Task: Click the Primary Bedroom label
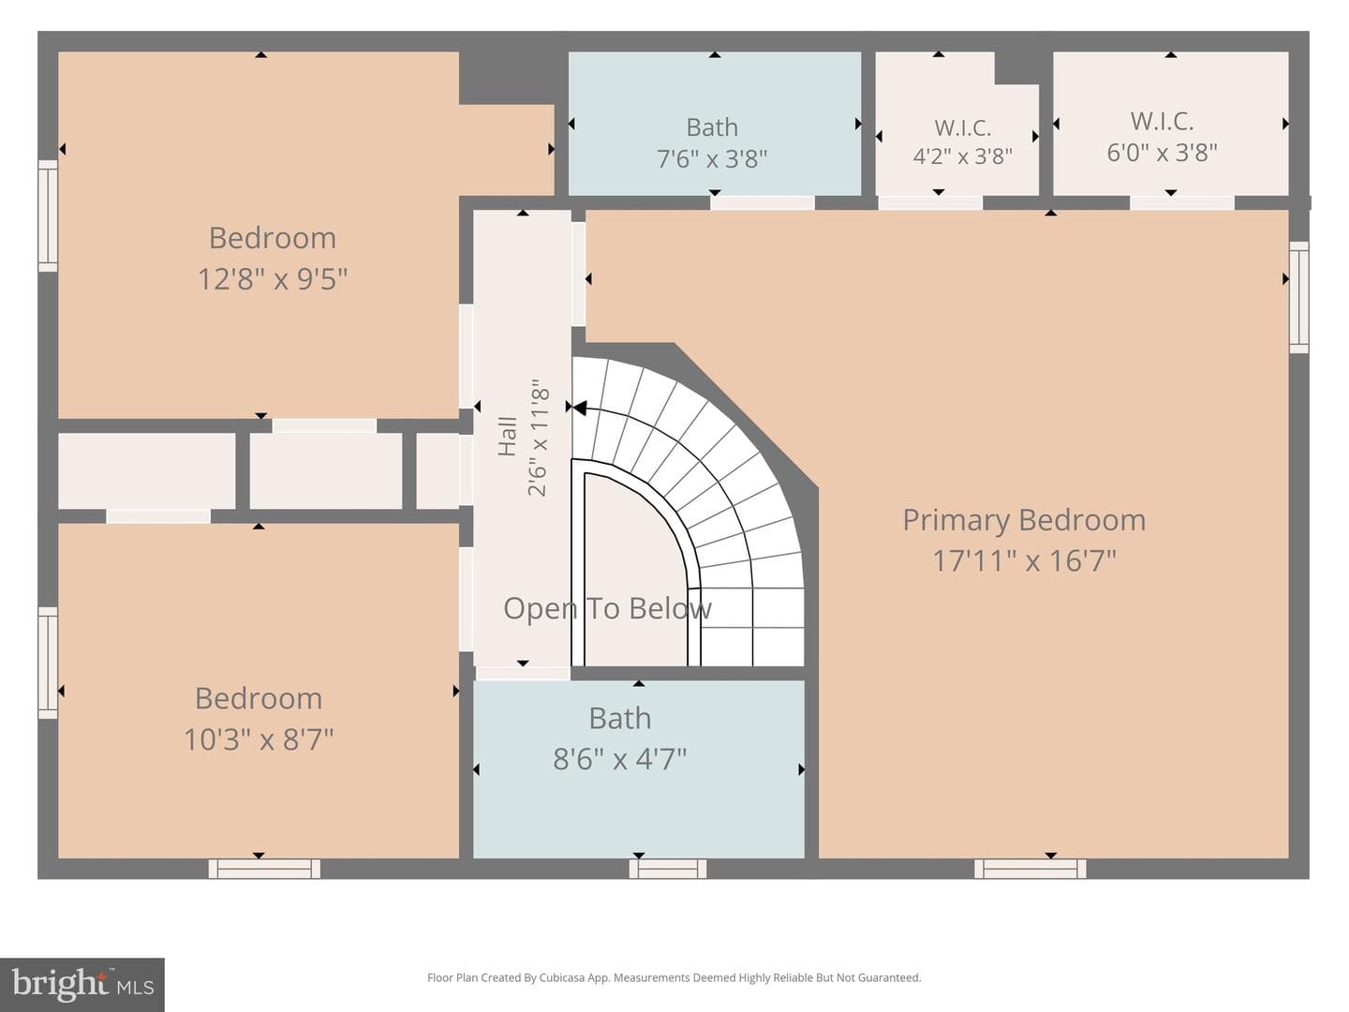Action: (1024, 520)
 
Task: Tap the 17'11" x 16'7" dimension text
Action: (1024, 561)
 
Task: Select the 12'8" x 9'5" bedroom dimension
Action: (273, 279)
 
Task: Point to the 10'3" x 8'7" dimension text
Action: (259, 739)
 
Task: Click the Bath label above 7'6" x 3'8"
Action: (712, 127)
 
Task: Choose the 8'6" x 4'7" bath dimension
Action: (619, 759)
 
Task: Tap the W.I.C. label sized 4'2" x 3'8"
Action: (962, 127)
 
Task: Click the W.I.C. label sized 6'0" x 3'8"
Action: (1162, 121)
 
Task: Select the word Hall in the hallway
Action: (508, 437)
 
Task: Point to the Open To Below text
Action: (607, 608)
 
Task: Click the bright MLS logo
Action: (82, 984)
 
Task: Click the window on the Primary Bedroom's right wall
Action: (1298, 297)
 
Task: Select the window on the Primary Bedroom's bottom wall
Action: (1030, 869)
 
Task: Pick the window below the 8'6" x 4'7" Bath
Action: (667, 869)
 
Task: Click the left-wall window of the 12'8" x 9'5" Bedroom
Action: (48, 216)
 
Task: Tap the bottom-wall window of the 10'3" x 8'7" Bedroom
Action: (264, 869)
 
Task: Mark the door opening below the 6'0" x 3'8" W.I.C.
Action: (1182, 202)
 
